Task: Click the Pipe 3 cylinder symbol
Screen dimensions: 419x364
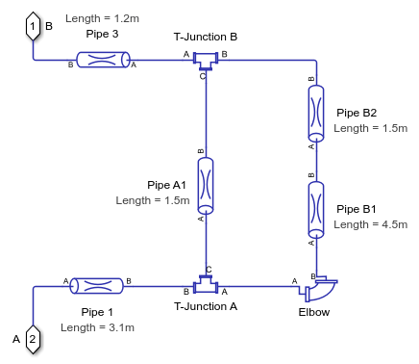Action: point(103,60)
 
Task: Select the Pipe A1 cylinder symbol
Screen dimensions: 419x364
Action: point(206,186)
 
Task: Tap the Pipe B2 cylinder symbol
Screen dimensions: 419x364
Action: point(316,113)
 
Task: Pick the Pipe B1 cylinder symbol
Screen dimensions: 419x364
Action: point(316,210)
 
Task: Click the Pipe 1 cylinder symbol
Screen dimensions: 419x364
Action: point(97,286)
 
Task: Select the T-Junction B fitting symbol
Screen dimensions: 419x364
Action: point(206,61)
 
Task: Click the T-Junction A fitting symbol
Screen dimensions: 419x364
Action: point(206,284)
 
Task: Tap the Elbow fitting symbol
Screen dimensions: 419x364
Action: point(319,289)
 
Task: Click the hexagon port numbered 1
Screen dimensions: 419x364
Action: point(33,26)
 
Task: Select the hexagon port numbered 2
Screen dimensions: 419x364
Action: point(33,339)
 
